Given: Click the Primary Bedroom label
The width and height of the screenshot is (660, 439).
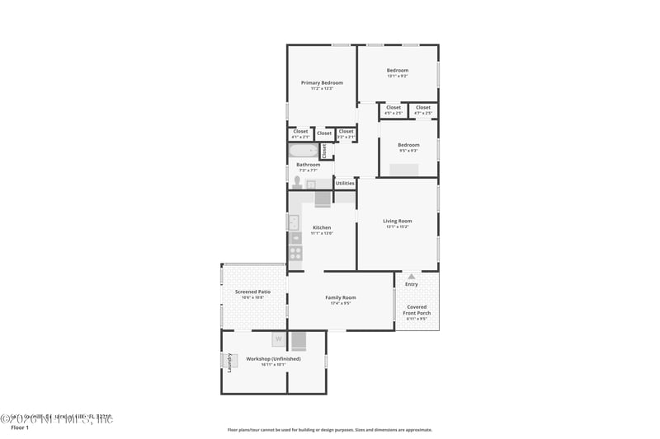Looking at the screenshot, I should [x=322, y=82].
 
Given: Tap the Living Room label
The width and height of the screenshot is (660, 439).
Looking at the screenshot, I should [x=398, y=221].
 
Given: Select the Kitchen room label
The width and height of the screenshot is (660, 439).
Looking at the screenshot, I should [x=322, y=227].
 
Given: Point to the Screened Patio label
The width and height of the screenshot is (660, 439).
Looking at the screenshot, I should [x=252, y=292].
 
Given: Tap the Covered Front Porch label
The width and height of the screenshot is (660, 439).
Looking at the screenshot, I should [x=417, y=310].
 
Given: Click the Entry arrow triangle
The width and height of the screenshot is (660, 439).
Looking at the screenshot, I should [x=411, y=276].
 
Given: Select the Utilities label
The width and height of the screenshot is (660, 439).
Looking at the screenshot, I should [x=345, y=183].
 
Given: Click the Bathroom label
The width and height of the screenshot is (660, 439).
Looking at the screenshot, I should [x=309, y=165].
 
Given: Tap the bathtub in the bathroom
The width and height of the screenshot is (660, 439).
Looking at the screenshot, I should [x=303, y=151].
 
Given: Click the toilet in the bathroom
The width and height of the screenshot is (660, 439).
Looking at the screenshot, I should [x=297, y=182].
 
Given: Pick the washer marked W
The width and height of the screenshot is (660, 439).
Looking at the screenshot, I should [x=278, y=339].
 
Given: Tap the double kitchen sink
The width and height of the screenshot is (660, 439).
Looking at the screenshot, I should [x=294, y=222].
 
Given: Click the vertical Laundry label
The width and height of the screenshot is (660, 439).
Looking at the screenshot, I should [x=229, y=362].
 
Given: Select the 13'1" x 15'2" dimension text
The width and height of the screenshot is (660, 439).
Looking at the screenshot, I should [x=398, y=227].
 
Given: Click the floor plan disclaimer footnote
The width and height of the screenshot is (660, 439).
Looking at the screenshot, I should [x=330, y=430].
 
